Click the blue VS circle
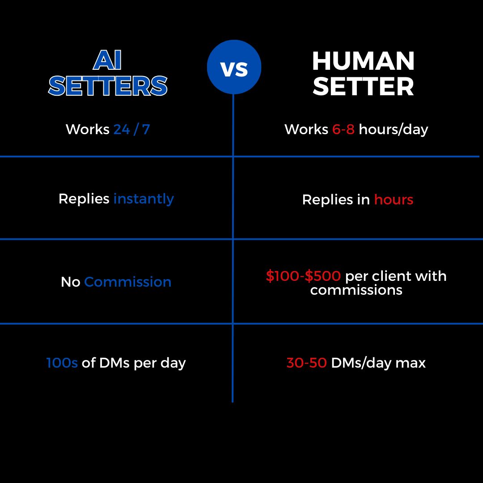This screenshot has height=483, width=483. [x=234, y=67]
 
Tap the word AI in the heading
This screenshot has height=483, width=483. [x=107, y=60]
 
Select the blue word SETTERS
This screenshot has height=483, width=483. [x=108, y=85]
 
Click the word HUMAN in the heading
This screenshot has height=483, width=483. [x=363, y=61]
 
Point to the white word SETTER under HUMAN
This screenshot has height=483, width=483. [x=363, y=87]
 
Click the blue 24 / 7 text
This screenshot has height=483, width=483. [x=131, y=129]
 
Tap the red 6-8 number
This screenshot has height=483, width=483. [x=343, y=129]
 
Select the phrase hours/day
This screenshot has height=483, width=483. [x=394, y=130]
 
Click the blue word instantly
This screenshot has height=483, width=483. [x=144, y=199]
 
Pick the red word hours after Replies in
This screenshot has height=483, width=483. [x=394, y=199]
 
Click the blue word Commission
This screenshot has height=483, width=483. [x=127, y=282]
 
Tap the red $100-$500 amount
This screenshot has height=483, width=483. [x=303, y=275]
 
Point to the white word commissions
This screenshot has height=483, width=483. [x=356, y=290]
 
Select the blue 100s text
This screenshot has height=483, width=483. [x=62, y=363]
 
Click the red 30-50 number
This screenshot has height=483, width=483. [x=306, y=363]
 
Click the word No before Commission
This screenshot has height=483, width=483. [x=71, y=282]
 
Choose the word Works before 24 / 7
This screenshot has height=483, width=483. [x=88, y=129]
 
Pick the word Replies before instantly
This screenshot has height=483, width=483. [x=84, y=199]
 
